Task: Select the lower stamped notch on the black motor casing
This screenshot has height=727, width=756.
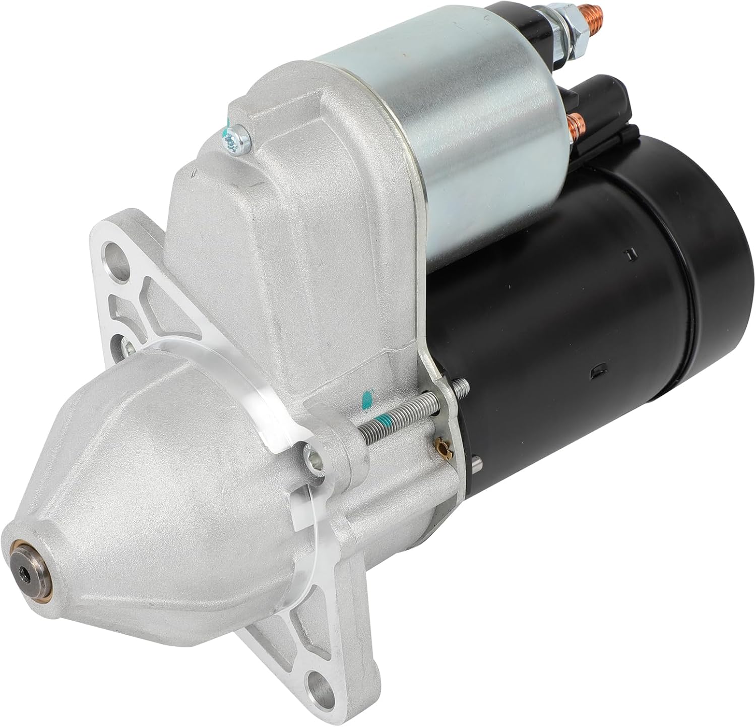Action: (x=596, y=372)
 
